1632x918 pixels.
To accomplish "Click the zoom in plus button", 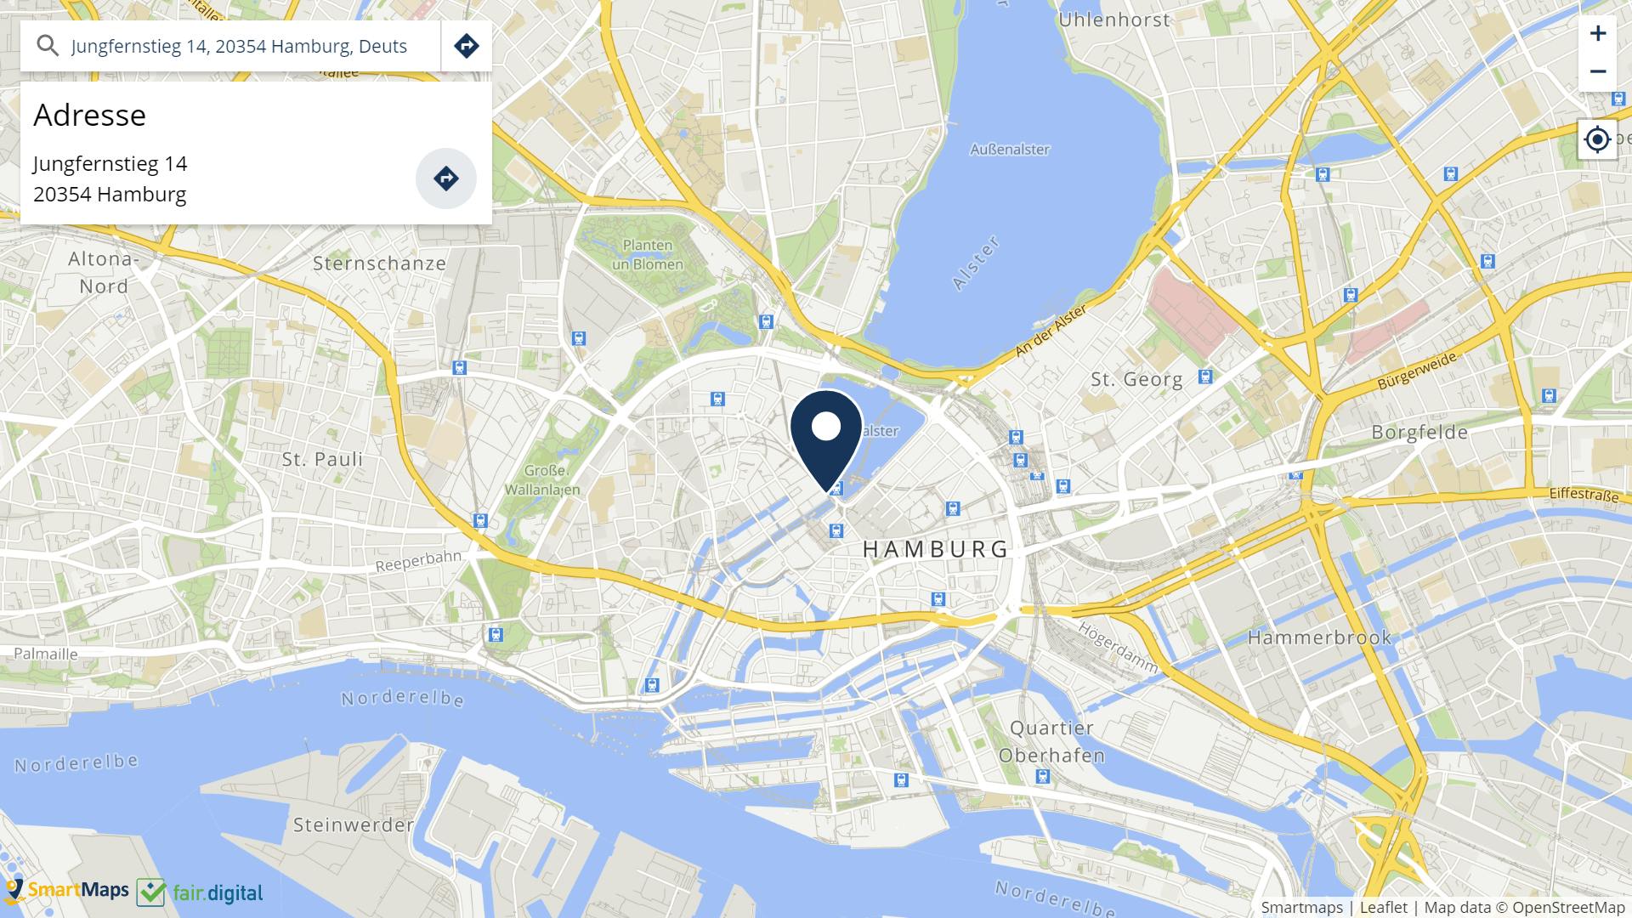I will [1598, 34].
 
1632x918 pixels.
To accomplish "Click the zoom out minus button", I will [1598, 72].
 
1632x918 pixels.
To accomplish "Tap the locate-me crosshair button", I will [1598, 139].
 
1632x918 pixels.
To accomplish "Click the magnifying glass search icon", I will [48, 46].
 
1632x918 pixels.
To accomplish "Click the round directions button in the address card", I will [445, 178].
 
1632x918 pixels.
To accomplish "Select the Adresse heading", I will [89, 115].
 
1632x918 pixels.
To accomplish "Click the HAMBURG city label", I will [936, 549].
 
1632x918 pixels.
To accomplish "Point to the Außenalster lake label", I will [1010, 150].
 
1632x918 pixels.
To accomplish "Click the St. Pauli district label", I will [322, 459].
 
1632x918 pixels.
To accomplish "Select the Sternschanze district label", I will [379, 263].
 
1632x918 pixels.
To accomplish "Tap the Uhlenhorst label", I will [1114, 20].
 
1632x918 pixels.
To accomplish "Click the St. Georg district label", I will [1136, 380].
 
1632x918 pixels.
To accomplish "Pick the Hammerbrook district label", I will [1319, 637].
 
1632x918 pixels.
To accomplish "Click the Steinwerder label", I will [353, 824].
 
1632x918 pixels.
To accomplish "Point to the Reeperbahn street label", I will [418, 562].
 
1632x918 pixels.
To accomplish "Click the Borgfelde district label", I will [1419, 433].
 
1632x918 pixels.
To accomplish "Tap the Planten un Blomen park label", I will [648, 255].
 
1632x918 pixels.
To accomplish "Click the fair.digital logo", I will [201, 892].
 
